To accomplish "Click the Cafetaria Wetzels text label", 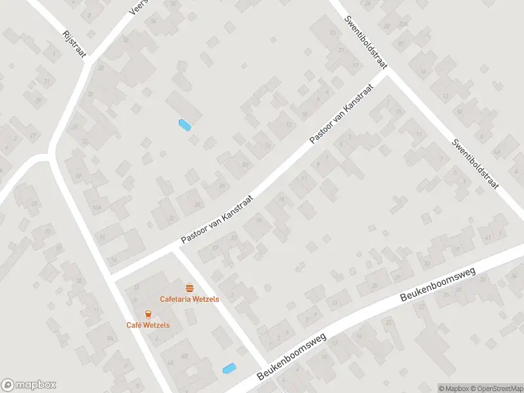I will pyautogui.click(x=190, y=299).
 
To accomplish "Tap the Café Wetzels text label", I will pyautogui.click(x=149, y=325).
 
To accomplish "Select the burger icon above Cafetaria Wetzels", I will pyautogui.click(x=190, y=288).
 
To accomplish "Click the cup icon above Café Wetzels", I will pyautogui.click(x=149, y=314).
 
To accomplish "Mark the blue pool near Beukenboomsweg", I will pyautogui.click(x=229, y=369).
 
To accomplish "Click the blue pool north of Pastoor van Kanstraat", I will pyautogui.click(x=185, y=124).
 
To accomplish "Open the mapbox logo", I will pyautogui.click(x=29, y=385).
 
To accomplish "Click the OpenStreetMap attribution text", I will pyautogui.click(x=495, y=388).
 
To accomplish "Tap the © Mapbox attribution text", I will pyautogui.click(x=454, y=388).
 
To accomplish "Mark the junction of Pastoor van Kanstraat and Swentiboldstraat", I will pyautogui.click(x=387, y=73).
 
